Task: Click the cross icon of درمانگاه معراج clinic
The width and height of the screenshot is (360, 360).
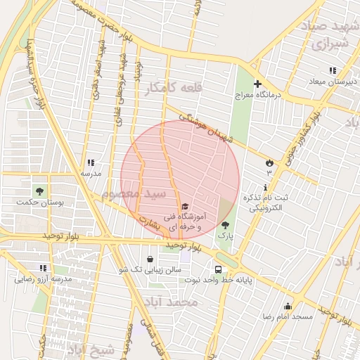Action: coord(258,84)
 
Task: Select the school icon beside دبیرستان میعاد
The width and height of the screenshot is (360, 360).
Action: coord(333,71)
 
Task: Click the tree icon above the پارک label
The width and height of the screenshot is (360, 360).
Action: coord(225,225)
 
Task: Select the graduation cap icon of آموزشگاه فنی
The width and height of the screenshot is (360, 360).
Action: coord(184,207)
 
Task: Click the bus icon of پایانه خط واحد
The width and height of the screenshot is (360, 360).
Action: coord(218,269)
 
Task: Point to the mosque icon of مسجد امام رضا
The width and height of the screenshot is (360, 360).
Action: coord(287,306)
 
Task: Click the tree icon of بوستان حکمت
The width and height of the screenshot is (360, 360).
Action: coord(38,191)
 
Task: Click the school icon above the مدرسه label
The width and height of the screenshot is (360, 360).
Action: coord(90,162)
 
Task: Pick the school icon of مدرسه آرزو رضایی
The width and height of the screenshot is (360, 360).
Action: coord(43,268)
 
